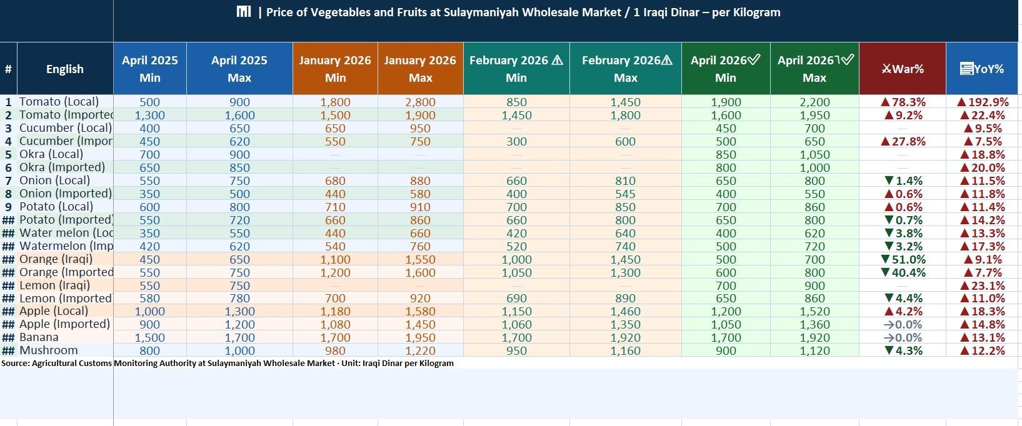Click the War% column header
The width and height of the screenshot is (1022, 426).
(x=903, y=69)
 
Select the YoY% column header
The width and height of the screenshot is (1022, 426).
(x=983, y=69)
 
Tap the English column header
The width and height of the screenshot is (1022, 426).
(x=65, y=69)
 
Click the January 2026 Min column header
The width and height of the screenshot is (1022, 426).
(x=335, y=69)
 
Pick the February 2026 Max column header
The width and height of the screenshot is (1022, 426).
(x=626, y=69)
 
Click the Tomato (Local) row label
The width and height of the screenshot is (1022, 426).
(x=59, y=102)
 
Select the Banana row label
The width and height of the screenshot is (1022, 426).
(x=39, y=337)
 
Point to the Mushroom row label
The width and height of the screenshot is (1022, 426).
(x=49, y=350)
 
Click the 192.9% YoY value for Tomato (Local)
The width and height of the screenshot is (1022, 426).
(x=983, y=102)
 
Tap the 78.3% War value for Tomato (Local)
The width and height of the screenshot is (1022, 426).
(x=903, y=102)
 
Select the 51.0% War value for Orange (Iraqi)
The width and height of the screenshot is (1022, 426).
(x=903, y=259)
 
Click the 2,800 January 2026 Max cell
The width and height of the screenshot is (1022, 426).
(x=420, y=102)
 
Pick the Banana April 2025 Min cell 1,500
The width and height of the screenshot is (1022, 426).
(x=150, y=337)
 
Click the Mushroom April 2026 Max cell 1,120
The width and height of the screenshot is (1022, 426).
(x=814, y=350)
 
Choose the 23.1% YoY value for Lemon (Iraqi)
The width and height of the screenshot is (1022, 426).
(x=983, y=285)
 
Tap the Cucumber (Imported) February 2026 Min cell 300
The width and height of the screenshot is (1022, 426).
(x=516, y=141)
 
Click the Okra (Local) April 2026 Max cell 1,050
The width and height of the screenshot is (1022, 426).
(x=814, y=154)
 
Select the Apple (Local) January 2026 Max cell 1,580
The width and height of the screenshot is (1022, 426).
(x=420, y=311)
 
